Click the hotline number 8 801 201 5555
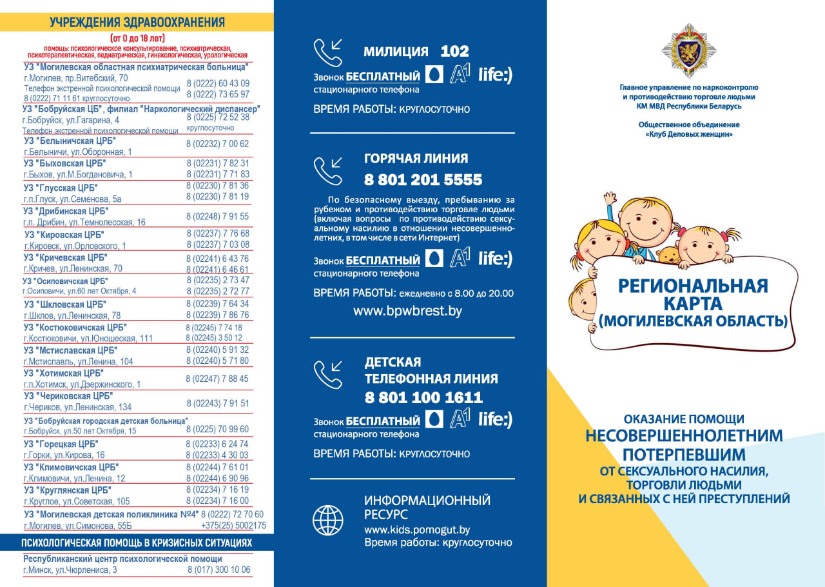(423, 179)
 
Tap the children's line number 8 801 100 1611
(423, 397)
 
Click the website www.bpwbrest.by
(407, 311)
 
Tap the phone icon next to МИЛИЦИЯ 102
(328, 53)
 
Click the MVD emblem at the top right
(689, 50)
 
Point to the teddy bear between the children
(668, 254)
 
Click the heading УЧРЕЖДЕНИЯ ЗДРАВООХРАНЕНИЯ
(137, 23)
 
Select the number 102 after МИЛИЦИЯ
(454, 52)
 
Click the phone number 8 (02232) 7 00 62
(217, 144)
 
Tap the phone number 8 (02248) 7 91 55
(217, 216)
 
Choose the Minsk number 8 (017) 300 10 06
(219, 570)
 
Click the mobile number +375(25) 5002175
(234, 526)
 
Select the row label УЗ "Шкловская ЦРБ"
(65, 304)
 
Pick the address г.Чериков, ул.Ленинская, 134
(77, 407)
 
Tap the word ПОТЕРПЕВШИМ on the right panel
(684, 453)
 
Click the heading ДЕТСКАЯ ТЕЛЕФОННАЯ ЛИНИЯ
(431, 370)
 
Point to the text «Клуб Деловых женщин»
(689, 134)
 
